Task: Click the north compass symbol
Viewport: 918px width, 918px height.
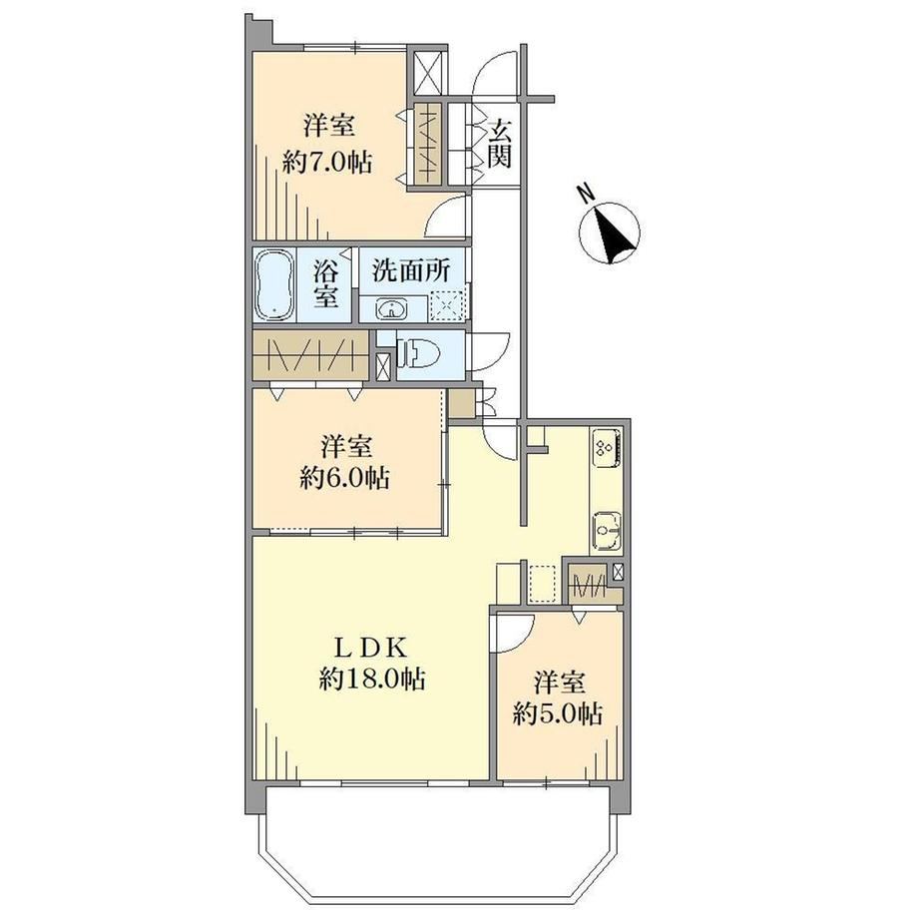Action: tap(609, 229)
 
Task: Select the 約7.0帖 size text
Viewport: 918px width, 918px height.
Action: tap(328, 162)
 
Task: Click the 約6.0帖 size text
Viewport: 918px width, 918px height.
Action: tap(345, 478)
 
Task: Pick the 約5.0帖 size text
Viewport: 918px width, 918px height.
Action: tap(558, 713)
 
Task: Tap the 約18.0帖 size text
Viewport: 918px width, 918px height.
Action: tap(372, 679)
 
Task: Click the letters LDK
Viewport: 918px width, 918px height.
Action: tap(370, 647)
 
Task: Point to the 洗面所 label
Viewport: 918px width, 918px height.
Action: tap(411, 270)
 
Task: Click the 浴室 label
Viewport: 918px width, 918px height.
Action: tap(325, 283)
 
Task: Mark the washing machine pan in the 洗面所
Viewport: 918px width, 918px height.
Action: tap(447, 303)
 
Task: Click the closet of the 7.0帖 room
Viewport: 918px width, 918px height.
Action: tap(427, 144)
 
